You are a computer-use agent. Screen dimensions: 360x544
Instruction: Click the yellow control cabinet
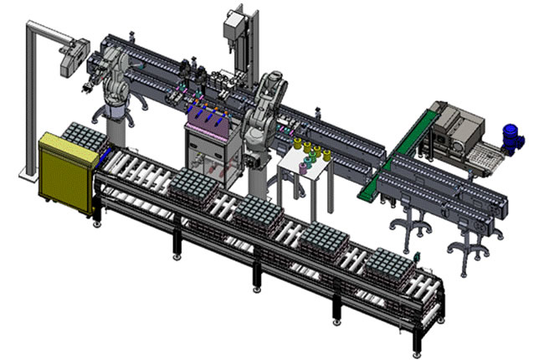coord(65,172)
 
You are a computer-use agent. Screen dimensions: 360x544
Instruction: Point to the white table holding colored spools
coord(305,172)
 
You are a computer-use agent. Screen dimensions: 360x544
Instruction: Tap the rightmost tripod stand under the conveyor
coord(469,243)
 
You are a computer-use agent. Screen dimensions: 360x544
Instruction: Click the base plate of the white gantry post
coord(28,174)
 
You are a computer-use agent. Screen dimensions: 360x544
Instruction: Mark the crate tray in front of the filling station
coord(197,184)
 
